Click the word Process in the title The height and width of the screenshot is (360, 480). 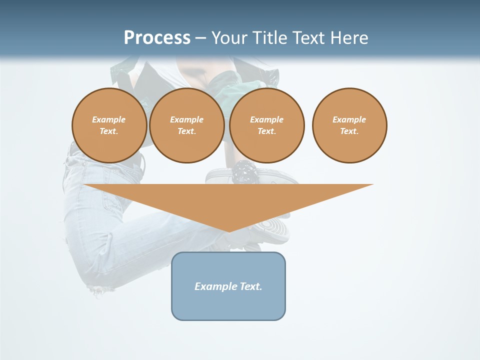[157, 38]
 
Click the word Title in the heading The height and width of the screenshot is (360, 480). [267, 38]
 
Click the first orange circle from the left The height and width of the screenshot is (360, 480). [109, 125]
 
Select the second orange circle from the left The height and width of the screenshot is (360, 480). [186, 125]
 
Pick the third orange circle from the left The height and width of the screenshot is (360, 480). [266, 125]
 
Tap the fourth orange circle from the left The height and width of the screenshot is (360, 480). [349, 125]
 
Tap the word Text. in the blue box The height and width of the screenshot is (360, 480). [250, 286]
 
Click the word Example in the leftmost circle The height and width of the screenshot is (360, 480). [109, 120]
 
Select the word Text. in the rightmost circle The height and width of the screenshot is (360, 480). [349, 131]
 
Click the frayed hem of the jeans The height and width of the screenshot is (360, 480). [100, 288]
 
